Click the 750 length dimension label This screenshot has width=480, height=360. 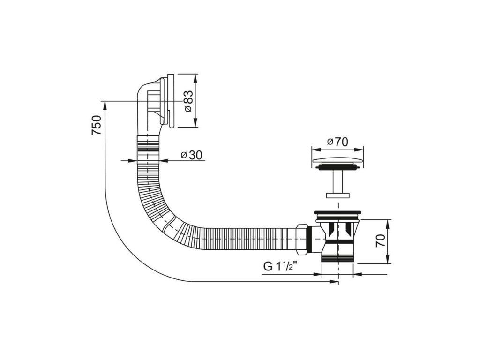[x=96, y=125]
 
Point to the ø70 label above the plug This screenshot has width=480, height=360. [x=338, y=141]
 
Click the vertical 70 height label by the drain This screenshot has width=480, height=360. [x=380, y=241]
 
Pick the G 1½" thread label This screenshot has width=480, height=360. [x=281, y=266]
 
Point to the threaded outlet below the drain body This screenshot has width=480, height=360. [x=338, y=256]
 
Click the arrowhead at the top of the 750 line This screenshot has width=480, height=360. [x=104, y=104]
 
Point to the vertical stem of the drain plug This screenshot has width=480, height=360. [x=338, y=180]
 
